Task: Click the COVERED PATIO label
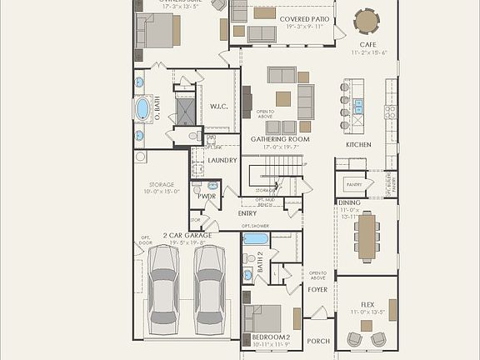(x=305, y=17)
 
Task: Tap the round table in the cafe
(x=367, y=20)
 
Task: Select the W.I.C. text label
(x=219, y=106)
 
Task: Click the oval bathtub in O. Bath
(x=142, y=108)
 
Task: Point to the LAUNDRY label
(x=222, y=160)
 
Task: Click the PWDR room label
(x=207, y=197)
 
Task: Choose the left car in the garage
(x=162, y=288)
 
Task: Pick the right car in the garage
(x=210, y=288)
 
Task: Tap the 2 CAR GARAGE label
(x=187, y=236)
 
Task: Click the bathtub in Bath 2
(x=255, y=239)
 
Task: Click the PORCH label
(x=318, y=341)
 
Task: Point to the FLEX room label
(x=367, y=304)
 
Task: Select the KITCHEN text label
(x=358, y=144)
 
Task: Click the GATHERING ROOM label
(x=280, y=139)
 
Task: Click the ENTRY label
(x=247, y=214)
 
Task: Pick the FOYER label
(x=317, y=291)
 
